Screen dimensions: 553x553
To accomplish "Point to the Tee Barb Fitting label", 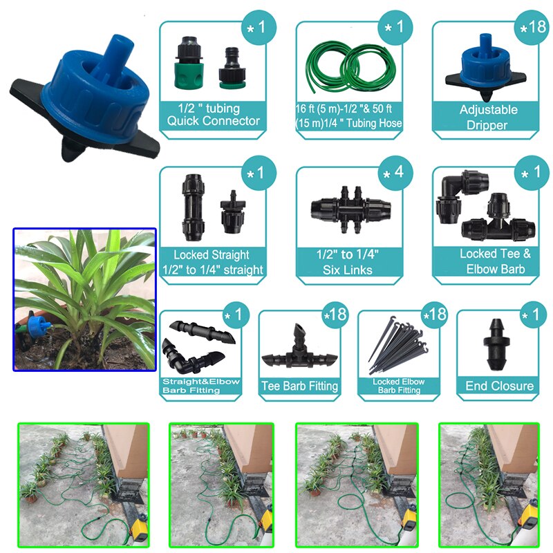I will [299, 386].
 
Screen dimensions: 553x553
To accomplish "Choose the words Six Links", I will [348, 269].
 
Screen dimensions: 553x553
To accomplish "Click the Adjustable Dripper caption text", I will [488, 118].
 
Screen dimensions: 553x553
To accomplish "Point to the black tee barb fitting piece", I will [299, 350].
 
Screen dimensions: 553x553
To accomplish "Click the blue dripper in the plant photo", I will [39, 327].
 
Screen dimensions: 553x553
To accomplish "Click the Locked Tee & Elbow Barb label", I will [495, 262].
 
